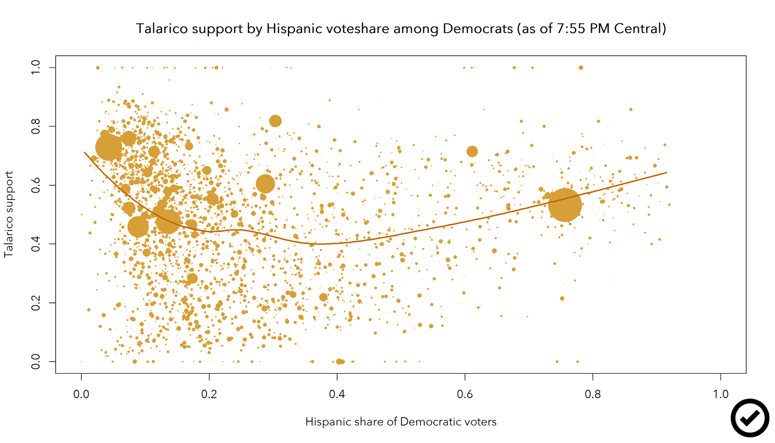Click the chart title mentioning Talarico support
401,29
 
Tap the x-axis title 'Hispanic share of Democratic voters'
401,422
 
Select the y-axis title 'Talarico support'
9,214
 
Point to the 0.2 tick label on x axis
209,395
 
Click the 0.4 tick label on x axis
337,395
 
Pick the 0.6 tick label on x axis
465,395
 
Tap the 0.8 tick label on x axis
593,395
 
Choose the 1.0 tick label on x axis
721,395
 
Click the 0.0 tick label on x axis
81,395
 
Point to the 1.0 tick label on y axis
36,67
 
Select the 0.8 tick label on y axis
36,126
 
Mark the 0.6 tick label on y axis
36,185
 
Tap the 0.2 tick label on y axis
36,303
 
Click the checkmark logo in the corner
750,418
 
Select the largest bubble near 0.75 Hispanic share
565,205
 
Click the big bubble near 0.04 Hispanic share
109,147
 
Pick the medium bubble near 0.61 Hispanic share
472,152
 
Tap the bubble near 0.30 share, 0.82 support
275,121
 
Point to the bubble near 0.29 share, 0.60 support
265,184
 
